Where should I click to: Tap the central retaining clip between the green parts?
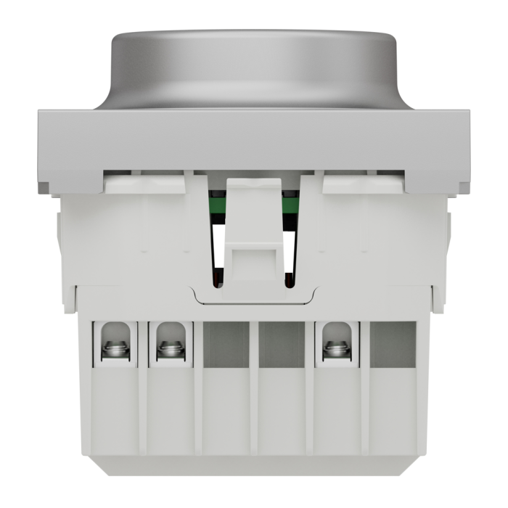click(x=254, y=218)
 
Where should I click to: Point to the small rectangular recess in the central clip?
click(x=255, y=257)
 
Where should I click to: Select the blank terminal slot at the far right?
click(x=393, y=344)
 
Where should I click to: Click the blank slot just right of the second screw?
click(x=226, y=344)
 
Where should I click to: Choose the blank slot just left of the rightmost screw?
click(x=282, y=344)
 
